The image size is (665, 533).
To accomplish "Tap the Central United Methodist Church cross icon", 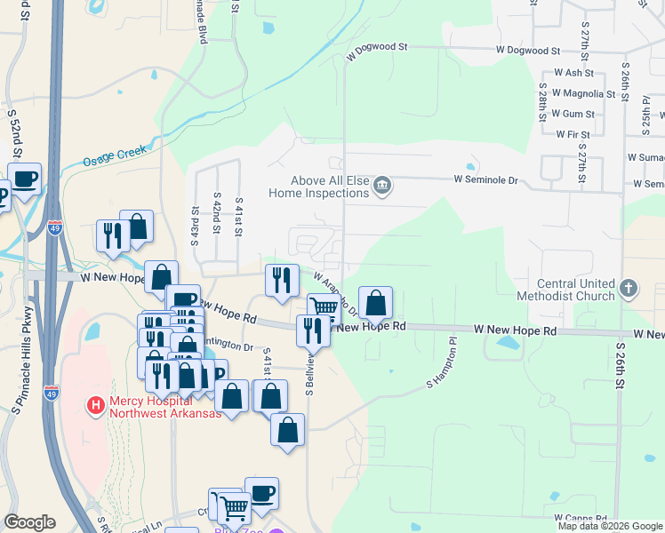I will [629, 288].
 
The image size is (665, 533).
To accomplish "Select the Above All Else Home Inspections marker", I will [382, 186].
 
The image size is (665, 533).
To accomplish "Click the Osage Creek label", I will [114, 156].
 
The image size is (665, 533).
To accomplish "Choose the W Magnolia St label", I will [583, 93].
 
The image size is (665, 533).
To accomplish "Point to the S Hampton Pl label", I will [441, 373].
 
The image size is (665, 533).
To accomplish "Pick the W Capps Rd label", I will [581, 517].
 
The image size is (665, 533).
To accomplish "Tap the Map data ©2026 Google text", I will [610, 526].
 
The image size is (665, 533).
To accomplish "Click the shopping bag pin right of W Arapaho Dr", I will [375, 304].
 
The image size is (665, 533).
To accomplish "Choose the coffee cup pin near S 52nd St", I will [25, 179].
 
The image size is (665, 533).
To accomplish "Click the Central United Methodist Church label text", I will [576, 289].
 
